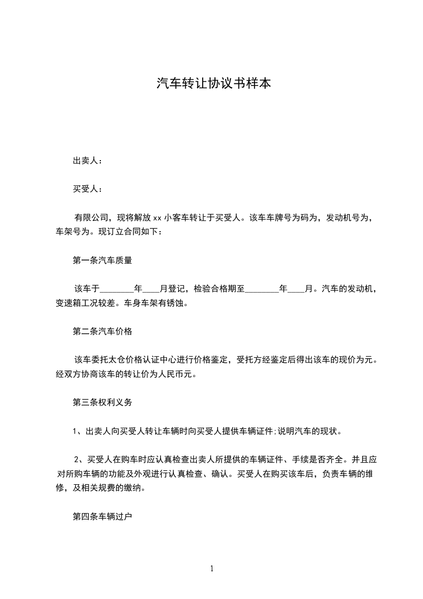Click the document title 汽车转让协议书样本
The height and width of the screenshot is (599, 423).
click(211, 84)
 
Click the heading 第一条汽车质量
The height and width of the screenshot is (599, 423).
click(102, 261)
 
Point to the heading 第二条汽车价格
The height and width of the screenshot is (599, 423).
click(102, 332)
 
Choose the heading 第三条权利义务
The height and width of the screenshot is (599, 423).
click(102, 403)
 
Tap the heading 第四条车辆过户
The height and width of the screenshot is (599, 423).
click(102, 517)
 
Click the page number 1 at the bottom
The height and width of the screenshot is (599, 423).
click(212, 569)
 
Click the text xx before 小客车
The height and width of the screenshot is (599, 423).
click(157, 218)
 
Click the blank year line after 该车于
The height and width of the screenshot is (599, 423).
click(117, 289)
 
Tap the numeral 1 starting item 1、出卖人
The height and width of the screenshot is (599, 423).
click(75, 431)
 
